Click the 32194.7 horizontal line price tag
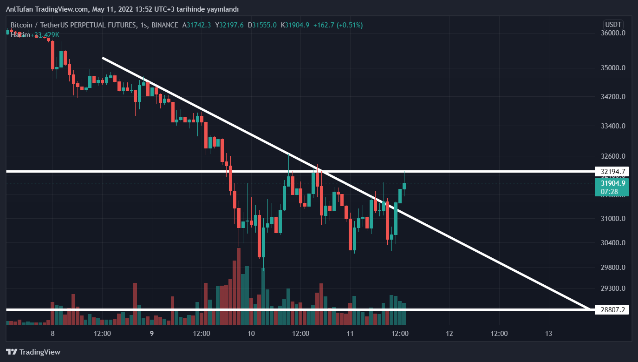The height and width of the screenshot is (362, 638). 612,172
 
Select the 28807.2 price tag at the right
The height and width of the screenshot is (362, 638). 612,309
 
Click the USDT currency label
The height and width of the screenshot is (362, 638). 613,25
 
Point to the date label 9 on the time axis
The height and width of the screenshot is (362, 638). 152,334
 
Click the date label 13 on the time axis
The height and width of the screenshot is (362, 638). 548,334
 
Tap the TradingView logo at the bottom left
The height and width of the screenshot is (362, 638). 33,352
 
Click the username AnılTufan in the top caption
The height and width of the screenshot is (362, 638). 20,9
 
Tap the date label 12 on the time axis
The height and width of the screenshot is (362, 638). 449,334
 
